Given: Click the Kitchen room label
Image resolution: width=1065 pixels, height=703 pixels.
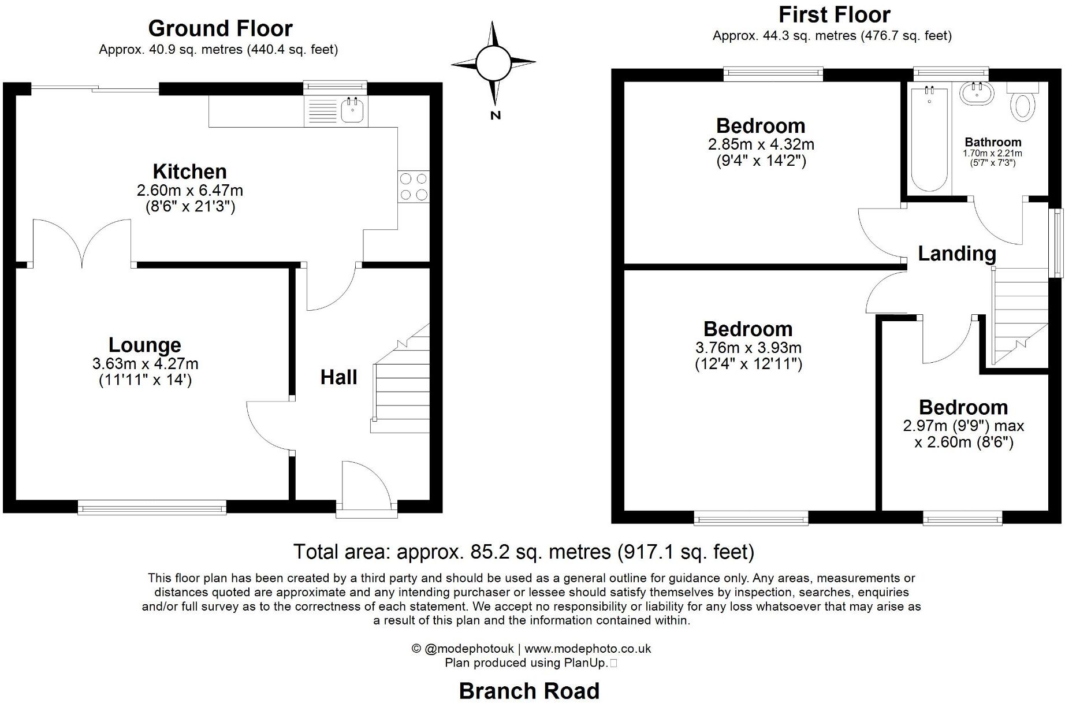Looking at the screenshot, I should pyautogui.click(x=189, y=172).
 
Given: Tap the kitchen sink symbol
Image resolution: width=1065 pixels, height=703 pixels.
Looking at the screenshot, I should pyautogui.click(x=352, y=110).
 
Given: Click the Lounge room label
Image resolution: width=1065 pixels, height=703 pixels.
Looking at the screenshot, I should pyautogui.click(x=145, y=345).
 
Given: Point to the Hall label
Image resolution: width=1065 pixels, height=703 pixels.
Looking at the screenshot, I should pyautogui.click(x=338, y=378).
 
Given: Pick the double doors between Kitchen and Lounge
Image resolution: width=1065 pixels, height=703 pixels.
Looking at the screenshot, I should pyautogui.click(x=82, y=243).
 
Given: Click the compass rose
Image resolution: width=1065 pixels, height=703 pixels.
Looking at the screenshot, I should pyautogui.click(x=493, y=62).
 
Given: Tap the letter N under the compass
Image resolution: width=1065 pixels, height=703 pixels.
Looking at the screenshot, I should pyautogui.click(x=495, y=116).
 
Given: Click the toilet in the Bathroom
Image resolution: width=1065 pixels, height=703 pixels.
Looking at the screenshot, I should pyautogui.click(x=1023, y=104).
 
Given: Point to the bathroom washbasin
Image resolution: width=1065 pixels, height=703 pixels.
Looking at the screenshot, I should pyautogui.click(x=977, y=94).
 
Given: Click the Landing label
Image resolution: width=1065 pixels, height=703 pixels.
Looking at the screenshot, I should pyautogui.click(x=957, y=254).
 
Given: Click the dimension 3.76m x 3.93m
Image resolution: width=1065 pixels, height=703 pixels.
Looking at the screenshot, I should pyautogui.click(x=748, y=348).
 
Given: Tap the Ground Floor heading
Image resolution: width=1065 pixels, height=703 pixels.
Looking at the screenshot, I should pyautogui.click(x=220, y=28).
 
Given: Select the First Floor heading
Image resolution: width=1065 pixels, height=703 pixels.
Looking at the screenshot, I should pyautogui.click(x=834, y=14).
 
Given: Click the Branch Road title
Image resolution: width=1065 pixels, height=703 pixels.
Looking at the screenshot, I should pyautogui.click(x=529, y=691).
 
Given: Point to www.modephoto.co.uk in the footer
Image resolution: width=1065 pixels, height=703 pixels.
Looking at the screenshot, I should pyautogui.click(x=588, y=649).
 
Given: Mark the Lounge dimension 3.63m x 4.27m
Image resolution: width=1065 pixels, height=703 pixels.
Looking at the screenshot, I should pyautogui.click(x=145, y=364).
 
